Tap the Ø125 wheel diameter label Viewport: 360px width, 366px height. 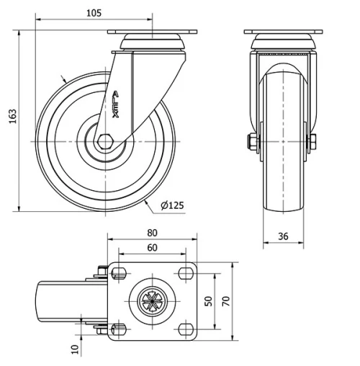pyautogui.click(x=172, y=206)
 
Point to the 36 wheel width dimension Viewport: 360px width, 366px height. pyautogui.click(x=284, y=235)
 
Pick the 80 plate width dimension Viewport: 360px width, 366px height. pyautogui.click(x=152, y=233)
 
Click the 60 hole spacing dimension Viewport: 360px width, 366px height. pyautogui.click(x=152, y=248)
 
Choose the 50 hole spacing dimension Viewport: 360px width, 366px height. pyautogui.click(x=209, y=300)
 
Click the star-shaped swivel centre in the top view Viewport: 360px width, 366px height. pyautogui.click(x=152, y=300)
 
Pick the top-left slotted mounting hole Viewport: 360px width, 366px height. pyautogui.click(x=118, y=272)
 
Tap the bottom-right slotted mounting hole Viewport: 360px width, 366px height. pyautogui.click(x=186, y=329)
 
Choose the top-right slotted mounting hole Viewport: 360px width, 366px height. pyautogui.click(x=186, y=272)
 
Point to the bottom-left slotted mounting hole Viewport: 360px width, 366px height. pyautogui.click(x=118, y=329)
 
